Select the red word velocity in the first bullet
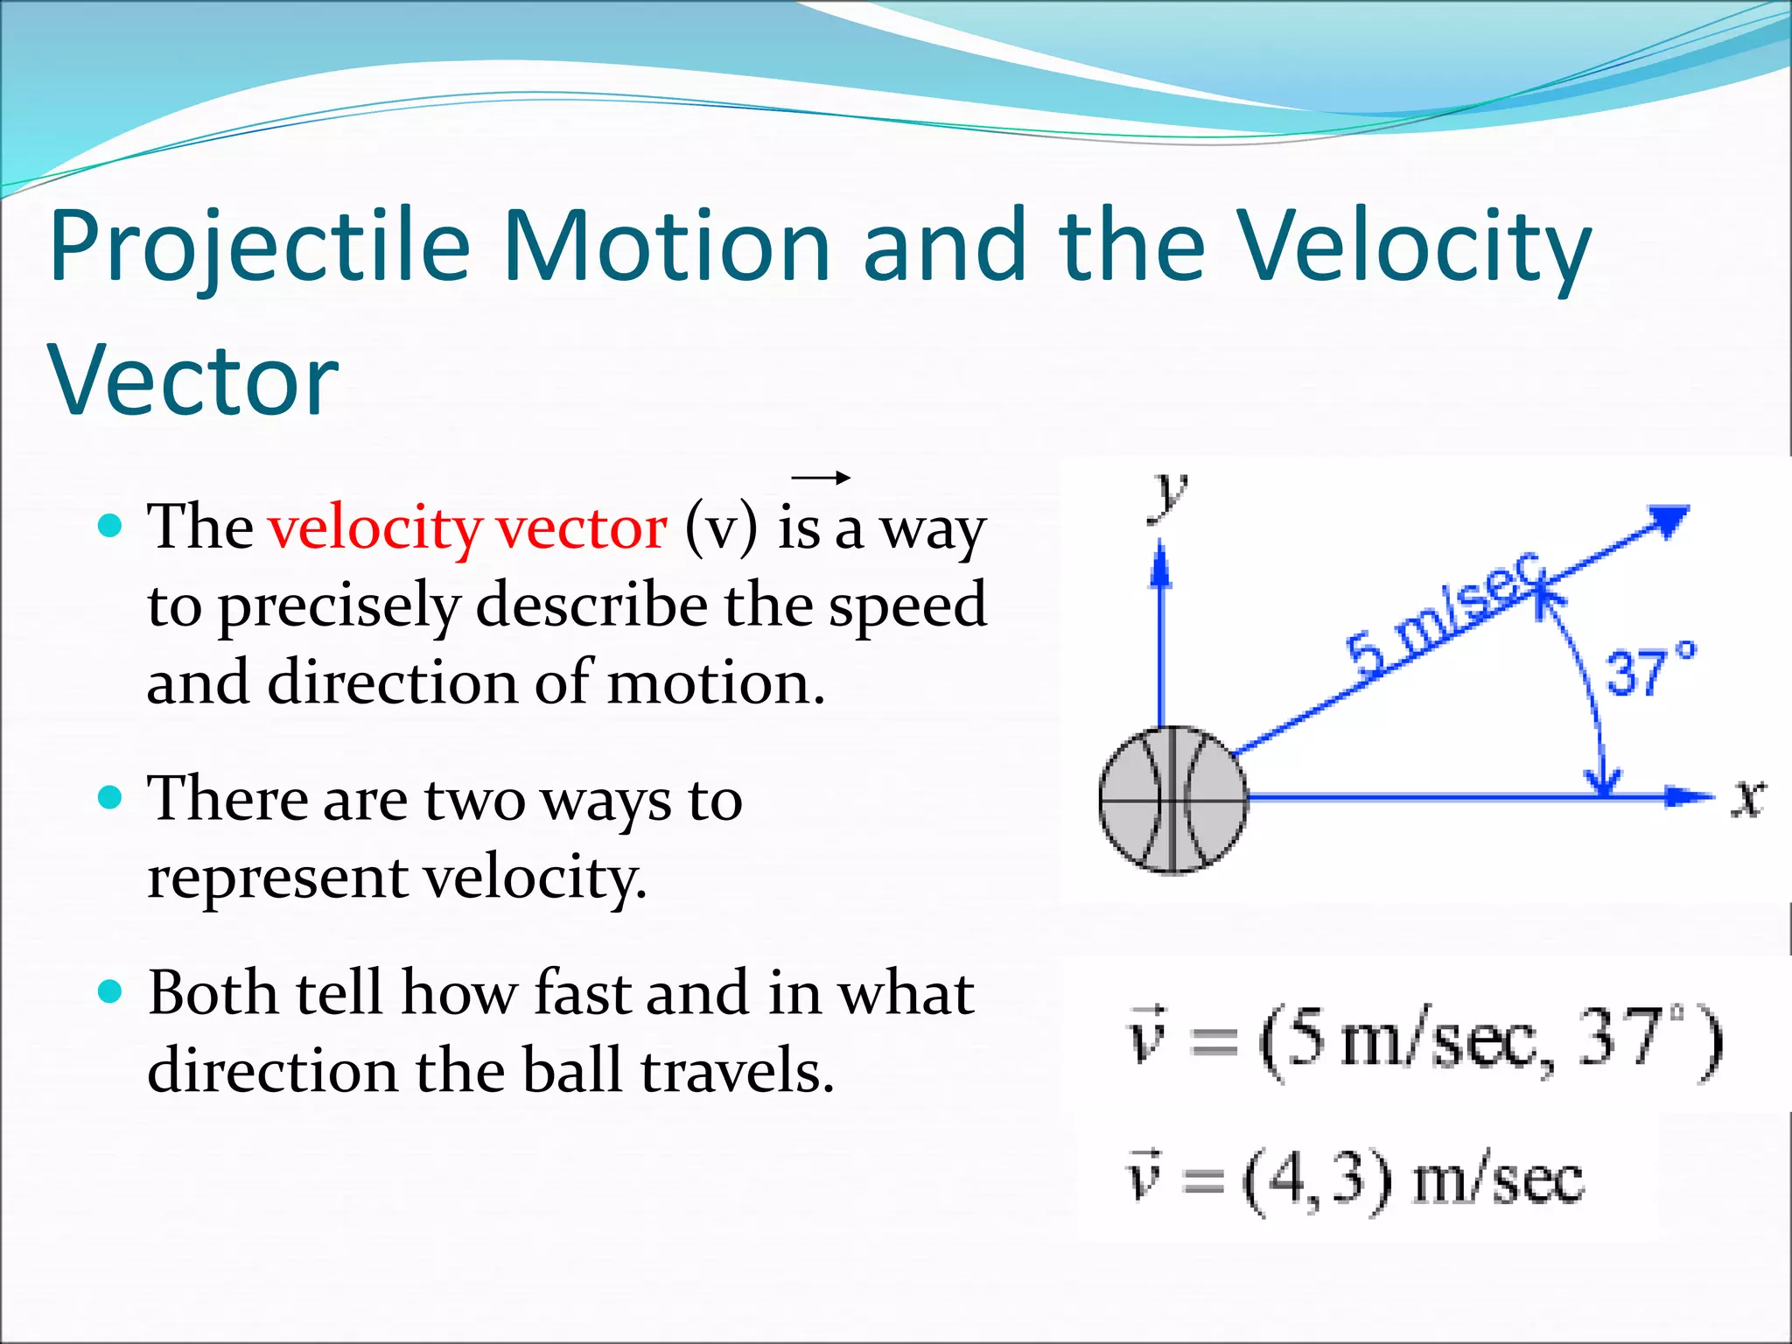point(374,528)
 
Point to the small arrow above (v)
point(820,478)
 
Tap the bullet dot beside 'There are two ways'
point(110,798)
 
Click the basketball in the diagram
point(1173,800)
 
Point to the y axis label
point(1169,494)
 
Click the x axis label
point(1747,798)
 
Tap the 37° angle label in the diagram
point(1650,672)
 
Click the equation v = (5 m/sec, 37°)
point(1424,1041)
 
